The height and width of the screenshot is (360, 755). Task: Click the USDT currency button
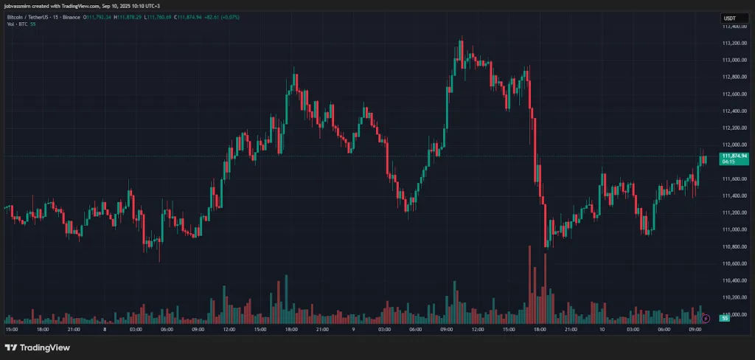click(730, 18)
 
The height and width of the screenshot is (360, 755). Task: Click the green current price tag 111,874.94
click(734, 156)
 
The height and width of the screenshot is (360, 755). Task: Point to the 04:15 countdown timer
click(729, 162)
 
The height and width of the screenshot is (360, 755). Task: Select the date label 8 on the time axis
click(105, 330)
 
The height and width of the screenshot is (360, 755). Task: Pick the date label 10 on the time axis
click(602, 330)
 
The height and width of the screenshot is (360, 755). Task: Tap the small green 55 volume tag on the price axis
click(725, 319)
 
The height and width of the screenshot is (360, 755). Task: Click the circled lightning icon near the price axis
click(706, 318)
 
